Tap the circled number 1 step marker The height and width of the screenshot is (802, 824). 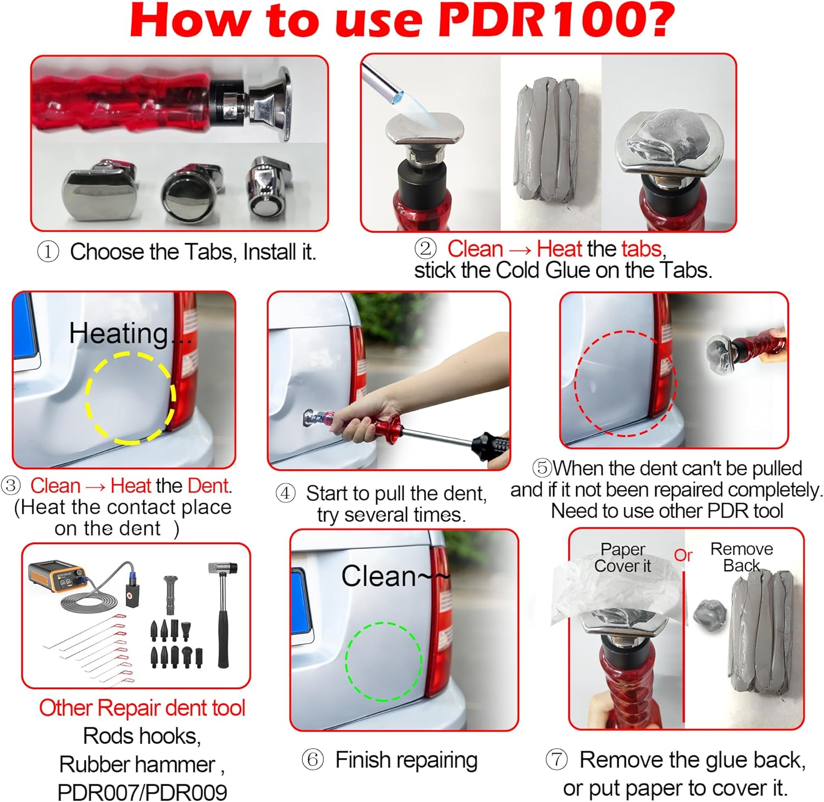coord(48,252)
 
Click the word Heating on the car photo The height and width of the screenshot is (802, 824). coord(119,333)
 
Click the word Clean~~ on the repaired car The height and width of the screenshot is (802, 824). coord(396,576)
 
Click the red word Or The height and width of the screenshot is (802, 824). coord(683,555)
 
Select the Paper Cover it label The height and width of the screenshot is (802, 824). coord(622,557)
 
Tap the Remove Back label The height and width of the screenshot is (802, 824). coord(742,557)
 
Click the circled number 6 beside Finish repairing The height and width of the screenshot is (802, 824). coord(313,760)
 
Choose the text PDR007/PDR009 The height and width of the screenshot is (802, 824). coord(142,792)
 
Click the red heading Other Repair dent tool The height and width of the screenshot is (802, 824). coord(142,708)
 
